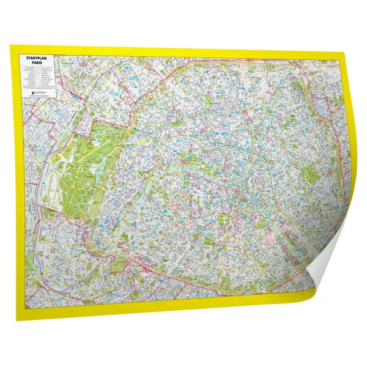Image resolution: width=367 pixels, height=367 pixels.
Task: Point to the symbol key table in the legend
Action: click(38, 77)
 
